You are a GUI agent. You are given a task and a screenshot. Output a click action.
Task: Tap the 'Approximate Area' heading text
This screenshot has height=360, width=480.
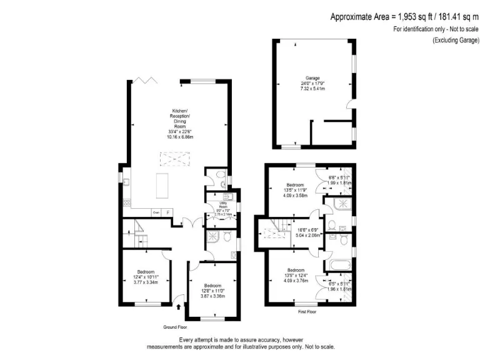tap(404, 17)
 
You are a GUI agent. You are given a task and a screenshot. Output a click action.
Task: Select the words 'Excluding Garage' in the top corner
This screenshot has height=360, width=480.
tap(456, 40)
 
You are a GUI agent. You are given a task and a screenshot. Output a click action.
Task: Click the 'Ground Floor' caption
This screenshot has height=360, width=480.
tap(176, 327)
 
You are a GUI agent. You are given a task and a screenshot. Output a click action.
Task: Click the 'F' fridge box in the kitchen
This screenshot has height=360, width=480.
tap(167, 212)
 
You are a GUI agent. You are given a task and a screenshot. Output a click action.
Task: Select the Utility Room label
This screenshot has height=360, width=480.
tap(222, 206)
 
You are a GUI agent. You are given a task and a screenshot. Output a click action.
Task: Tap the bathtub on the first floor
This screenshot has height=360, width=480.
tap(338, 266)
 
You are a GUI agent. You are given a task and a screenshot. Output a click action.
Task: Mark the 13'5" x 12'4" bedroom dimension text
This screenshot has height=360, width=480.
tap(296, 275)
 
